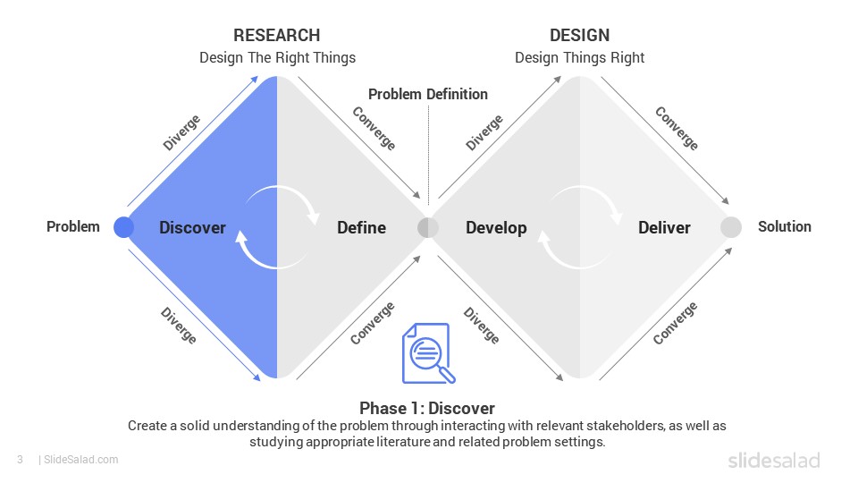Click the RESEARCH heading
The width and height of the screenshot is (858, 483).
[x=277, y=36]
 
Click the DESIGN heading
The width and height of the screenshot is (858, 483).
[x=579, y=36]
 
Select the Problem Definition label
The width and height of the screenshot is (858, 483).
[x=428, y=94]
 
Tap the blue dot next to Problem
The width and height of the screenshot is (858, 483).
[x=123, y=227]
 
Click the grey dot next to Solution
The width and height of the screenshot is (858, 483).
[x=731, y=227]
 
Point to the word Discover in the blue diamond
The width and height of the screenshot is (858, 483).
[x=193, y=228]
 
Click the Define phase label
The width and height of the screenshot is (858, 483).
[x=362, y=228]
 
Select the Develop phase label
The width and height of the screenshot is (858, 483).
[x=496, y=228]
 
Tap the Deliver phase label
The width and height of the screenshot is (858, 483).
[x=664, y=228]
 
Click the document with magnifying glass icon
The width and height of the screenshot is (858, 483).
[x=428, y=353]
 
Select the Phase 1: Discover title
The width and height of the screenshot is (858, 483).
[x=427, y=409]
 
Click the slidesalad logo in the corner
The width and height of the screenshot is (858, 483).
[x=774, y=461]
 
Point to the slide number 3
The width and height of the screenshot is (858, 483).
[x=21, y=460]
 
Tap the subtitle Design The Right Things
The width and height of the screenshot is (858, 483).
[x=277, y=58]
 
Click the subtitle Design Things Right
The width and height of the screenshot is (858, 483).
[x=579, y=58]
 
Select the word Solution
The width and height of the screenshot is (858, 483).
[x=785, y=226]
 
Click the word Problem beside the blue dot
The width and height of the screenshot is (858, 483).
[x=73, y=226]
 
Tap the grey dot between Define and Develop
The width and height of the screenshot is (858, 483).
[x=428, y=228]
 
